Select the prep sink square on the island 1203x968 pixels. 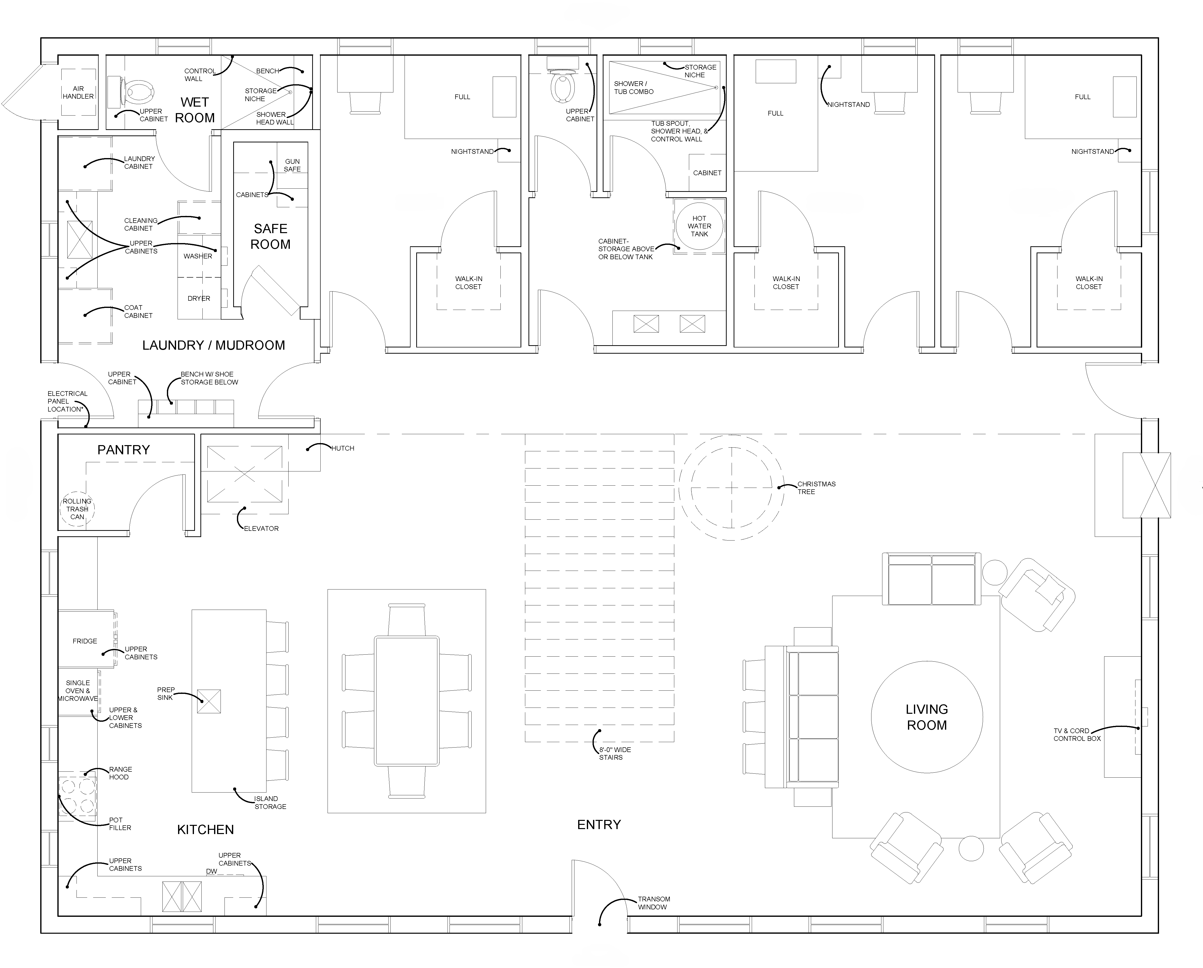click(x=209, y=701)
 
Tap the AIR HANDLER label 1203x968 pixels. click(x=78, y=92)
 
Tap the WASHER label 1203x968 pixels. click(x=198, y=256)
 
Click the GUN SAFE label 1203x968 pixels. click(x=292, y=165)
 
